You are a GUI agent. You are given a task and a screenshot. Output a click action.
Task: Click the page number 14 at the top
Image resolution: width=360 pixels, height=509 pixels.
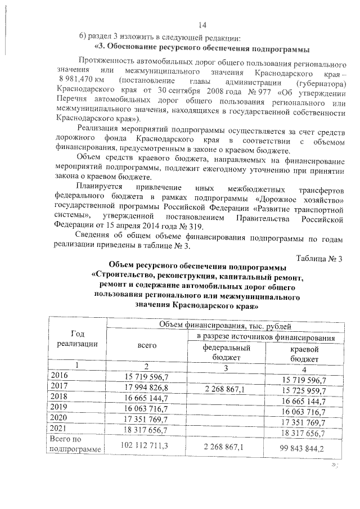(203, 25)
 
